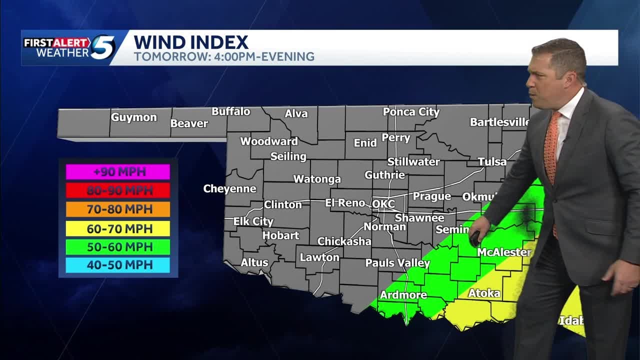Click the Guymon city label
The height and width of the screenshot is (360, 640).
[x=133, y=117]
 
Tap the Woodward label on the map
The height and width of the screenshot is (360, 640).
[x=269, y=141]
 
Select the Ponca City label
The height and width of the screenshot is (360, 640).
[x=411, y=112]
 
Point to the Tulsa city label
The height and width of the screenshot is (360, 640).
[x=492, y=161]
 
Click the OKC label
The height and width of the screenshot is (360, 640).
[x=383, y=204]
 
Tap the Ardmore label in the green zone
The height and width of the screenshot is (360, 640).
[x=403, y=295]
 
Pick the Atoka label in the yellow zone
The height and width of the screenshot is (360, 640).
[x=484, y=293]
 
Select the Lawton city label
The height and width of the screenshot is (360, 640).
[x=319, y=257]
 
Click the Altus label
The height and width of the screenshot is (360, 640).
[x=254, y=262]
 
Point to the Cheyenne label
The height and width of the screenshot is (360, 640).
[x=229, y=189]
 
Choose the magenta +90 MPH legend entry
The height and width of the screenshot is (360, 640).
[x=118, y=172]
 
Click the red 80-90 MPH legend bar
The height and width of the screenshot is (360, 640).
[x=118, y=190]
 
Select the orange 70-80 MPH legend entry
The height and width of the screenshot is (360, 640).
[x=118, y=209]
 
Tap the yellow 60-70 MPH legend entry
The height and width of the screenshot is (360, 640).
[x=118, y=228]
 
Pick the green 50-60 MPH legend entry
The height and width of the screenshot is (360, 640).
[x=118, y=247]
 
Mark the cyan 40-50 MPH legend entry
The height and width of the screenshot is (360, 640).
[x=118, y=265]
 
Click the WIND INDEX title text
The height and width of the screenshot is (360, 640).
[x=191, y=42]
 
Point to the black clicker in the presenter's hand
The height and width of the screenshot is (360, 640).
[x=474, y=238]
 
